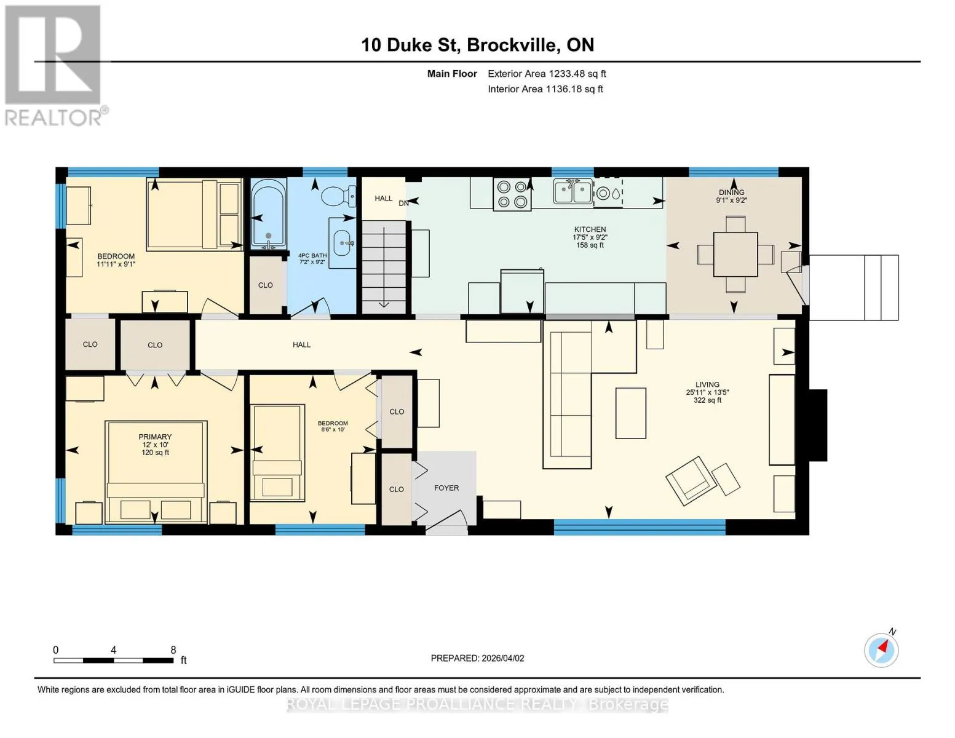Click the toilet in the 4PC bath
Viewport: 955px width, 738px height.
pos(339,196)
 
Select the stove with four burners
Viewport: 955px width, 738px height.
pos(512,194)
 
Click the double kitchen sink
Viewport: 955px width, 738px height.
pos(573,192)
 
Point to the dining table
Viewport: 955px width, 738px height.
pos(735,254)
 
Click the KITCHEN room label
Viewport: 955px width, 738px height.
pos(590,229)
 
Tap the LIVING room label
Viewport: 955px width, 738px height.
pos(707,384)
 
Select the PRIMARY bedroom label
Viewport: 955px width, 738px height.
pos(155,437)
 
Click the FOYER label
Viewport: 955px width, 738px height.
pos(446,488)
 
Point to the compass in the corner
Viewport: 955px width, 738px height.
pos(881,650)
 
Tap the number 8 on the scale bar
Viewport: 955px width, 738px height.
pos(173,649)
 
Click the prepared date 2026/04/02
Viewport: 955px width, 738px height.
pos(503,658)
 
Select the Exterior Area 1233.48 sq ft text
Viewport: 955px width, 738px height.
pos(547,74)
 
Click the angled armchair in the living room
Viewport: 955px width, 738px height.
pos(691,481)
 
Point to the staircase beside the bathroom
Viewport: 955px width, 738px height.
pos(384,268)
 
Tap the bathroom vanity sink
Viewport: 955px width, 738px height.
pos(343,243)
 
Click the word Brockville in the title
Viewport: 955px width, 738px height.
pos(513,45)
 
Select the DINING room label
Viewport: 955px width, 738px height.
pos(731,192)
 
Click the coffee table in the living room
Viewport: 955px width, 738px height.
pos(631,413)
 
